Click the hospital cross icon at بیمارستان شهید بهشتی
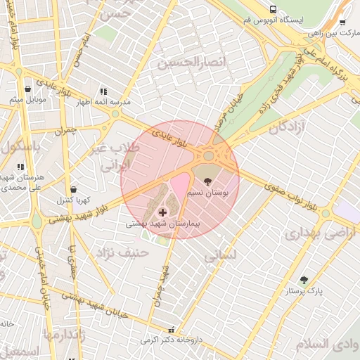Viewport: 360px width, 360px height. [x=162, y=212]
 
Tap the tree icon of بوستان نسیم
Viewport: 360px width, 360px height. [x=207, y=181]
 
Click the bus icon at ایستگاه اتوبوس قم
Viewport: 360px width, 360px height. [x=273, y=9]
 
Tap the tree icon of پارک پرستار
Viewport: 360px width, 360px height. [x=304, y=279]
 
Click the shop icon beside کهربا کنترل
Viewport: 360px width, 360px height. [x=74, y=190]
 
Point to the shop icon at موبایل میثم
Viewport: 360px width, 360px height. [x=27, y=89]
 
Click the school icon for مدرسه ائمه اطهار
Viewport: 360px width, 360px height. [x=103, y=91]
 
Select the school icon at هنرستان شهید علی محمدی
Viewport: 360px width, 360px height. [x=20, y=167]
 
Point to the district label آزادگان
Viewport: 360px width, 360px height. [x=288, y=127]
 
